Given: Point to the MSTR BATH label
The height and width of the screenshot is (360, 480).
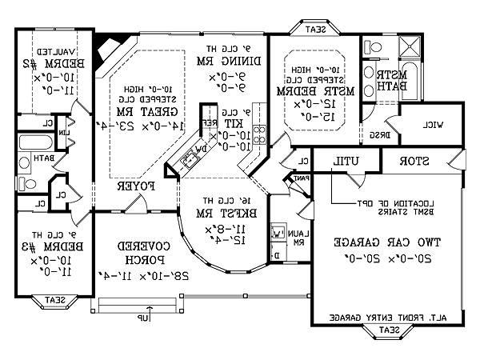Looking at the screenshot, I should [393, 81].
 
